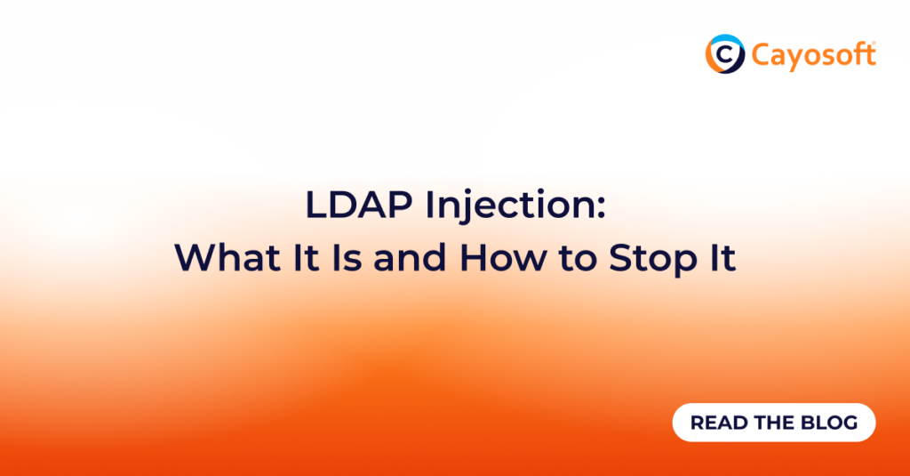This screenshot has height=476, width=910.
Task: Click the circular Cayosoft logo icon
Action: pos(724,54)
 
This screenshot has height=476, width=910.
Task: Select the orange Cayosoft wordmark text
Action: pos(811,55)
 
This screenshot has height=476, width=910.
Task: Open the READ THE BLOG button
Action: pos(773,423)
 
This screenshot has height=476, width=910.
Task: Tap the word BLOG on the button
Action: pos(831,423)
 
